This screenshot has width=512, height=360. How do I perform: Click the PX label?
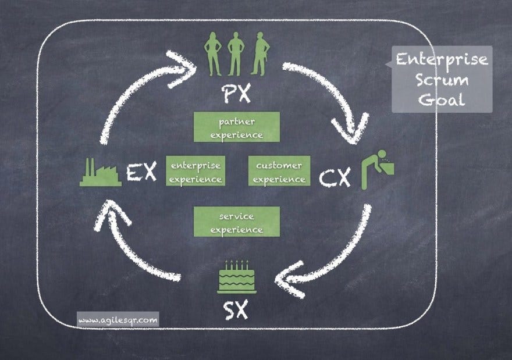click(x=236, y=92)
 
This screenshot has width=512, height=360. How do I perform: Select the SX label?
click(x=236, y=311)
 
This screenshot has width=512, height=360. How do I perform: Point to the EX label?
click(x=141, y=172)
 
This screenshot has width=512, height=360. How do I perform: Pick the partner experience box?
click(x=236, y=127)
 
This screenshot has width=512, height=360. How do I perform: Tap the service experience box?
click(x=236, y=222)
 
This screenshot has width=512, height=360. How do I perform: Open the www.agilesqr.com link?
click(x=118, y=319)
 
